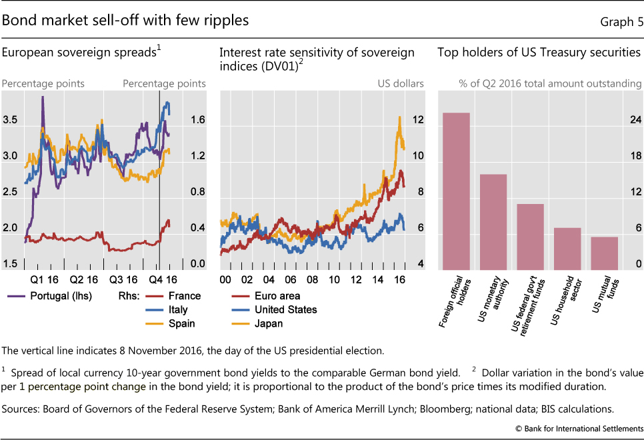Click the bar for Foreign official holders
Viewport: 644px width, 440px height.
pos(457,191)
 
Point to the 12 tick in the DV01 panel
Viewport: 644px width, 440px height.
pos(418,120)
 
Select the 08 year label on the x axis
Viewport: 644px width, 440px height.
pos(311,279)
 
